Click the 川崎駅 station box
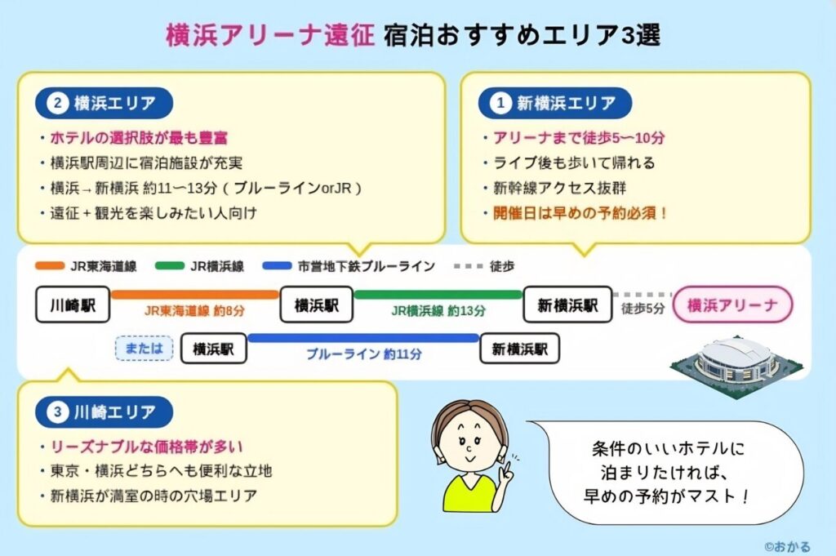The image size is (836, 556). pyautogui.click(x=73, y=305)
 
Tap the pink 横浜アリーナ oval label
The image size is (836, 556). pyautogui.click(x=732, y=305)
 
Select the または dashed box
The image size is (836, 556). pyautogui.click(x=144, y=349)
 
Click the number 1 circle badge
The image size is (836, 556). pyautogui.click(x=500, y=103)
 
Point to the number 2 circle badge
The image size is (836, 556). pyautogui.click(x=57, y=103)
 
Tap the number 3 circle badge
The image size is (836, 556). pyautogui.click(x=57, y=412)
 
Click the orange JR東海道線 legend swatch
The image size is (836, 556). pyautogui.click(x=50, y=265)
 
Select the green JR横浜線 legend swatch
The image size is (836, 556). pyautogui.click(x=170, y=265)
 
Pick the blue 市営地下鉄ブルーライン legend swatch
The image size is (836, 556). pyautogui.click(x=278, y=265)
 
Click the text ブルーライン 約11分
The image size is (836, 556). pyautogui.click(x=363, y=354)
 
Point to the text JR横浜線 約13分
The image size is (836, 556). pyautogui.click(x=438, y=311)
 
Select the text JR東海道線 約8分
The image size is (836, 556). pyautogui.click(x=194, y=311)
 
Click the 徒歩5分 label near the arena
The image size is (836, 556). pyautogui.click(x=643, y=308)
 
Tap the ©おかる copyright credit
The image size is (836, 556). pyautogui.click(x=787, y=546)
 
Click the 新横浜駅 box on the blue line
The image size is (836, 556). pyautogui.click(x=520, y=349)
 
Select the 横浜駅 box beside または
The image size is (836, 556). pyautogui.click(x=213, y=349)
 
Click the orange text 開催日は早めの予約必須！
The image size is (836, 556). pyautogui.click(x=580, y=213)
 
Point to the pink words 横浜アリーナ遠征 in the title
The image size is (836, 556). pyautogui.click(x=270, y=35)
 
